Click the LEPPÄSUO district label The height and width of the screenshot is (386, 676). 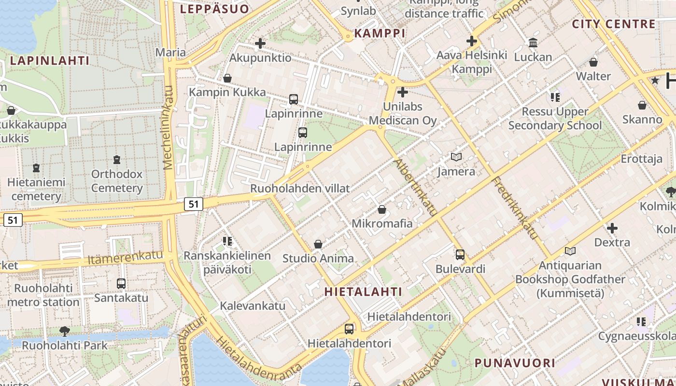click(214, 9)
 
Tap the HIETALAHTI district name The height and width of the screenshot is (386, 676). click(363, 291)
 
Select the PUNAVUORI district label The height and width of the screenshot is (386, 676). click(514, 363)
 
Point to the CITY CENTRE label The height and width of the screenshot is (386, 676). click(614, 24)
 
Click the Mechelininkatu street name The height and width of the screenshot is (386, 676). click(168, 127)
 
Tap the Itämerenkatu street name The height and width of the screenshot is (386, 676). click(126, 258)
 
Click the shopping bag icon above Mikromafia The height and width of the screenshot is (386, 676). click(382, 209)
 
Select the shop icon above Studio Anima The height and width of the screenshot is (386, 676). click(318, 244)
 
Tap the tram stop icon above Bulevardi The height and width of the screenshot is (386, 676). click(460, 254)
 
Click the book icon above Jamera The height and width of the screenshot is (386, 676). click(456, 157)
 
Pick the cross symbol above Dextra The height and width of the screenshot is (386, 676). click(612, 228)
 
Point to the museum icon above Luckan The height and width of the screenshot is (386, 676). click(533, 43)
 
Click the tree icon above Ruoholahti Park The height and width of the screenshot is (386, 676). click(64, 331)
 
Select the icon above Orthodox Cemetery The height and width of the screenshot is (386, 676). click(116, 159)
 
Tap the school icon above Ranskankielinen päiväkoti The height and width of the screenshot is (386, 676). click(227, 241)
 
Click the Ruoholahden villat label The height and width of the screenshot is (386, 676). click(300, 188)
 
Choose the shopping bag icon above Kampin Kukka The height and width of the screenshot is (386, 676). click(227, 78)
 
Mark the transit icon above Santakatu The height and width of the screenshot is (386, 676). click(121, 284)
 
